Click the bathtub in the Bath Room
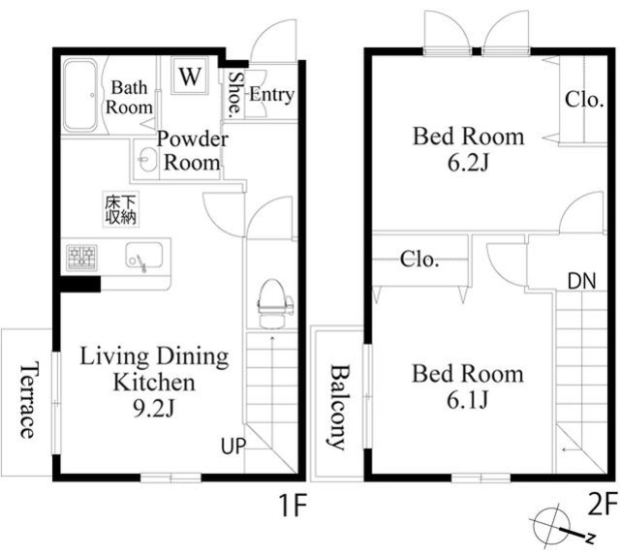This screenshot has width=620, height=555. (80, 95)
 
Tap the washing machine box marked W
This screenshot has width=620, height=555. (190, 76)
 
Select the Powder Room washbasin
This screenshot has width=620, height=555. (147, 160)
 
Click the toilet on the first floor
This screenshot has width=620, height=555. (272, 303)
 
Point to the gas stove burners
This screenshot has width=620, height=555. (81, 258)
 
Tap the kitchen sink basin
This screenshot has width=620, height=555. (144, 256)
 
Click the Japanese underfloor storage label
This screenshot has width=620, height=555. (120, 209)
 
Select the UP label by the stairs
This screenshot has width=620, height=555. (233, 446)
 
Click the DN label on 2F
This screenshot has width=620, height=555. (581, 282)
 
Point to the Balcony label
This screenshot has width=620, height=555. (339, 407)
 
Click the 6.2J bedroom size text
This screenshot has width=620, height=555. (469, 162)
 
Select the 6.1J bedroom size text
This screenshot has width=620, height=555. (468, 399)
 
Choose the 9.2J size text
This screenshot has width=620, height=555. (154, 409)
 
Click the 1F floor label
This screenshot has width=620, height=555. (293, 506)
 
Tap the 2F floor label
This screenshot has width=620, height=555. (603, 504)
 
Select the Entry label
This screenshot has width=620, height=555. (271, 95)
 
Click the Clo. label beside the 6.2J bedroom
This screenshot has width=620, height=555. (584, 99)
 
